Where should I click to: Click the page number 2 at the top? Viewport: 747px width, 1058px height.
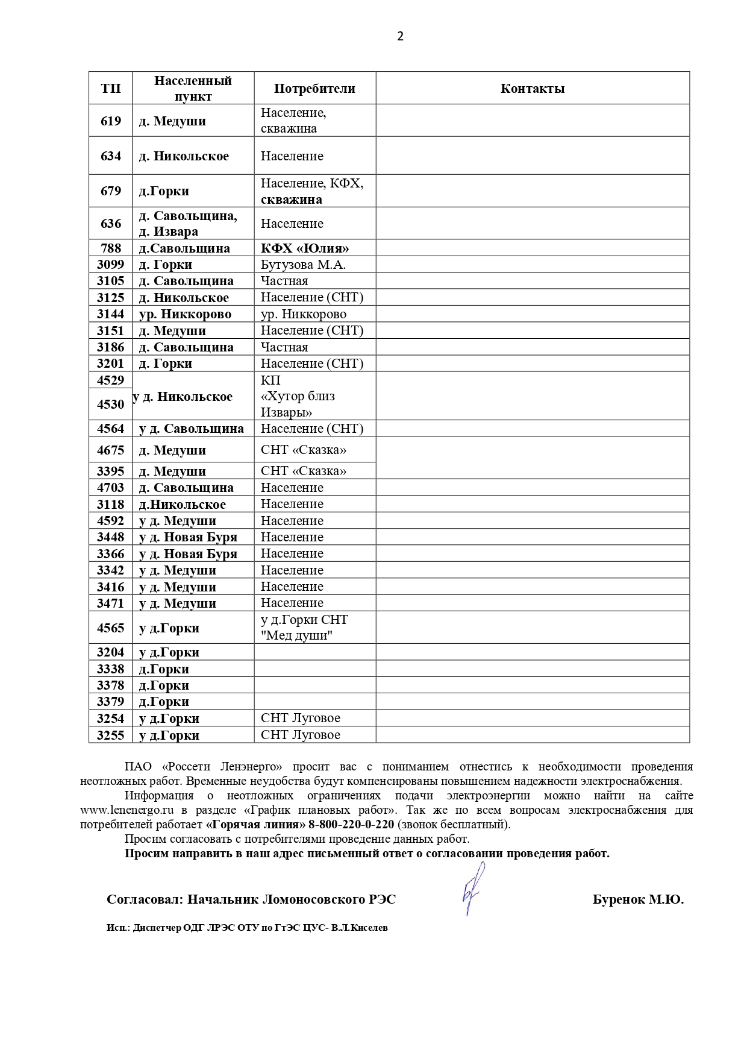400,36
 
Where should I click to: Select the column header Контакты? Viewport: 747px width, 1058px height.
532,89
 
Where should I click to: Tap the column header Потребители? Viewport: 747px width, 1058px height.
314,89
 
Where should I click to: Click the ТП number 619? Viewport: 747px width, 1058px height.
111,121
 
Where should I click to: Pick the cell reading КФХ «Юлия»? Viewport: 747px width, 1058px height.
305,248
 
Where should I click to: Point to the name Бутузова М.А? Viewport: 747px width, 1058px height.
303,265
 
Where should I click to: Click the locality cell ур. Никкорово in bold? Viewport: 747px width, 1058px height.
185,314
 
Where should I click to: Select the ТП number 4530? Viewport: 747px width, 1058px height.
111,404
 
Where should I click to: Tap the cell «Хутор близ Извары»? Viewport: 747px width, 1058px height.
298,405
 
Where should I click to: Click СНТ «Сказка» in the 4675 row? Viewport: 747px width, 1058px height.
304,450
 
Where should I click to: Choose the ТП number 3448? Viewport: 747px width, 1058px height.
111,537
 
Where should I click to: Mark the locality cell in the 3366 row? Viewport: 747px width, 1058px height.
188,554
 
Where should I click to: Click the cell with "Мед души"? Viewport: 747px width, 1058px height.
296,635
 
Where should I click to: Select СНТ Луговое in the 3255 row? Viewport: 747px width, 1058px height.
300,735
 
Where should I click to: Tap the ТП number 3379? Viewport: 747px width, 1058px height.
111,702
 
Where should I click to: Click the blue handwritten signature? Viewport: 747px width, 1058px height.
473,889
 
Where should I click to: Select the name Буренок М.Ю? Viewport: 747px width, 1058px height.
638,900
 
